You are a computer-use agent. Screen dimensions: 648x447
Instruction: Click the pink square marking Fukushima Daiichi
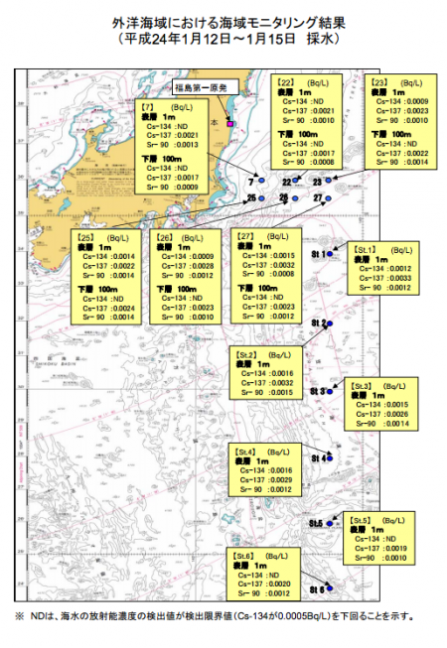[229, 125]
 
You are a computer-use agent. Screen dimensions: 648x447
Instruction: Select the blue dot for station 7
[260, 181]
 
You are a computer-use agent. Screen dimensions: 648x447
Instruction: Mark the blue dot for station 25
[263, 198]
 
